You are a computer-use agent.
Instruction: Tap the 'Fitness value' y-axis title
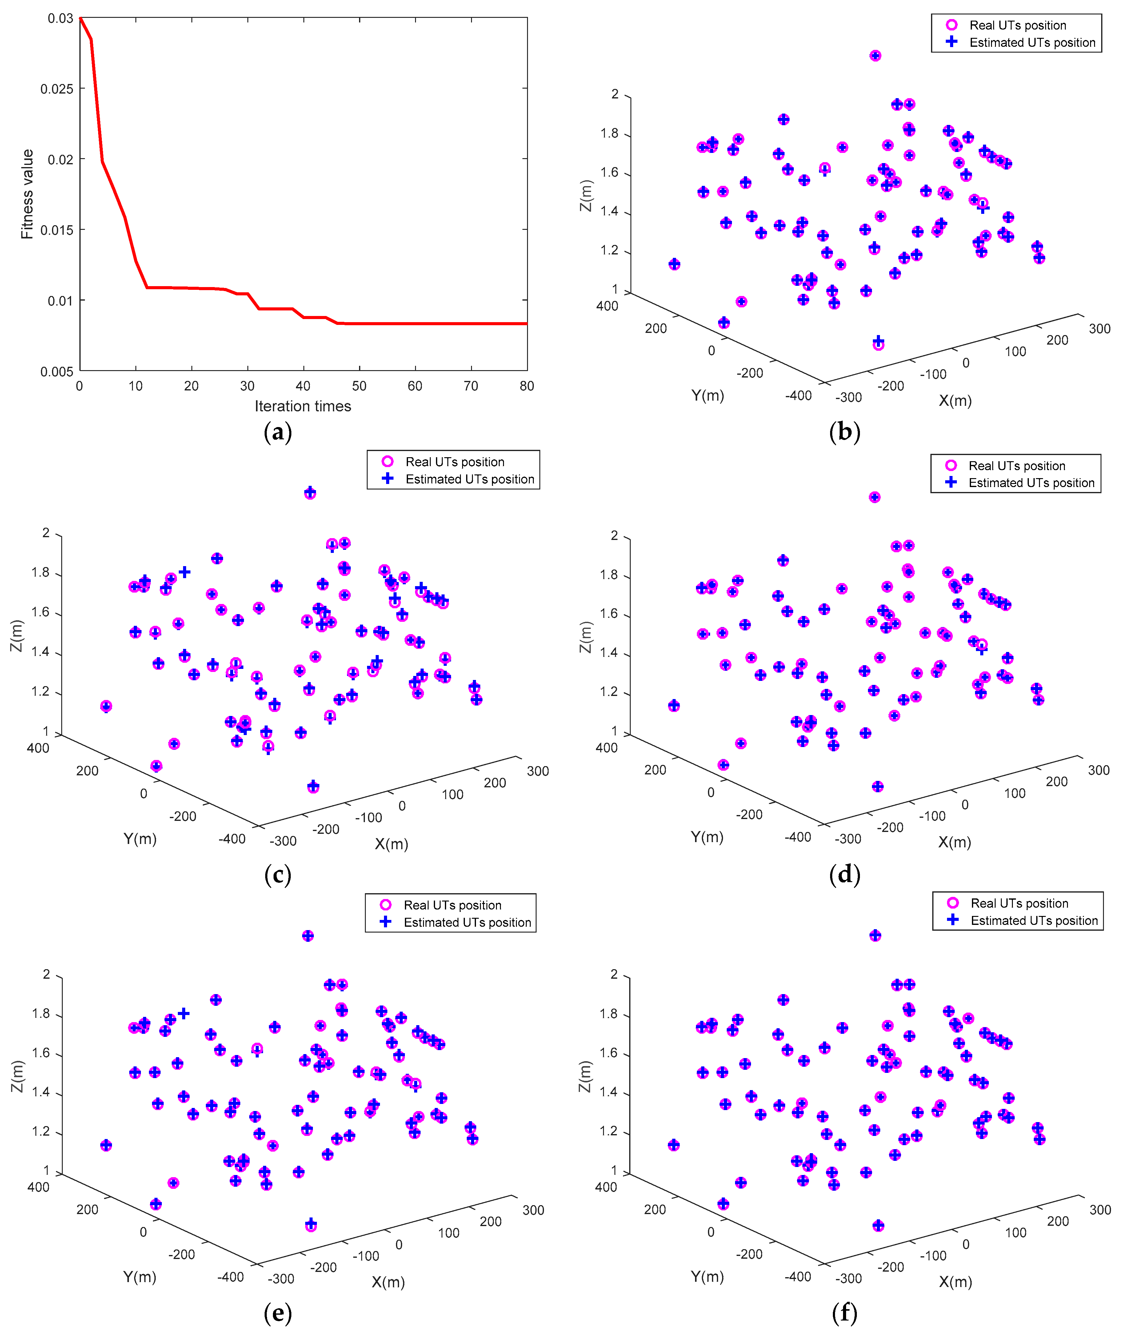27,194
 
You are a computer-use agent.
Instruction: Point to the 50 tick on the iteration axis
359,386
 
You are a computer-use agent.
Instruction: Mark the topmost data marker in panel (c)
310,494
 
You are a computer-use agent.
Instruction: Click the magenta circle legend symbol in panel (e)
386,905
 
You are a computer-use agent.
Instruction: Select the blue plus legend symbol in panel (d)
951,482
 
